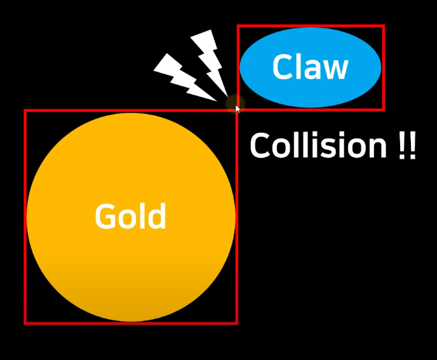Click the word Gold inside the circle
130,217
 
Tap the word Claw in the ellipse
310,67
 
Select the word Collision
318,146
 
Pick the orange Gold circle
131,273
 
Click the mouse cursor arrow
238,109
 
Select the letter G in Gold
105,217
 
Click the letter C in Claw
283,67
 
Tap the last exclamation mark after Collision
412,146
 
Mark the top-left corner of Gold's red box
25,110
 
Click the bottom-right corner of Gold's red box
236,323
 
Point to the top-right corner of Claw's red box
384,26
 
